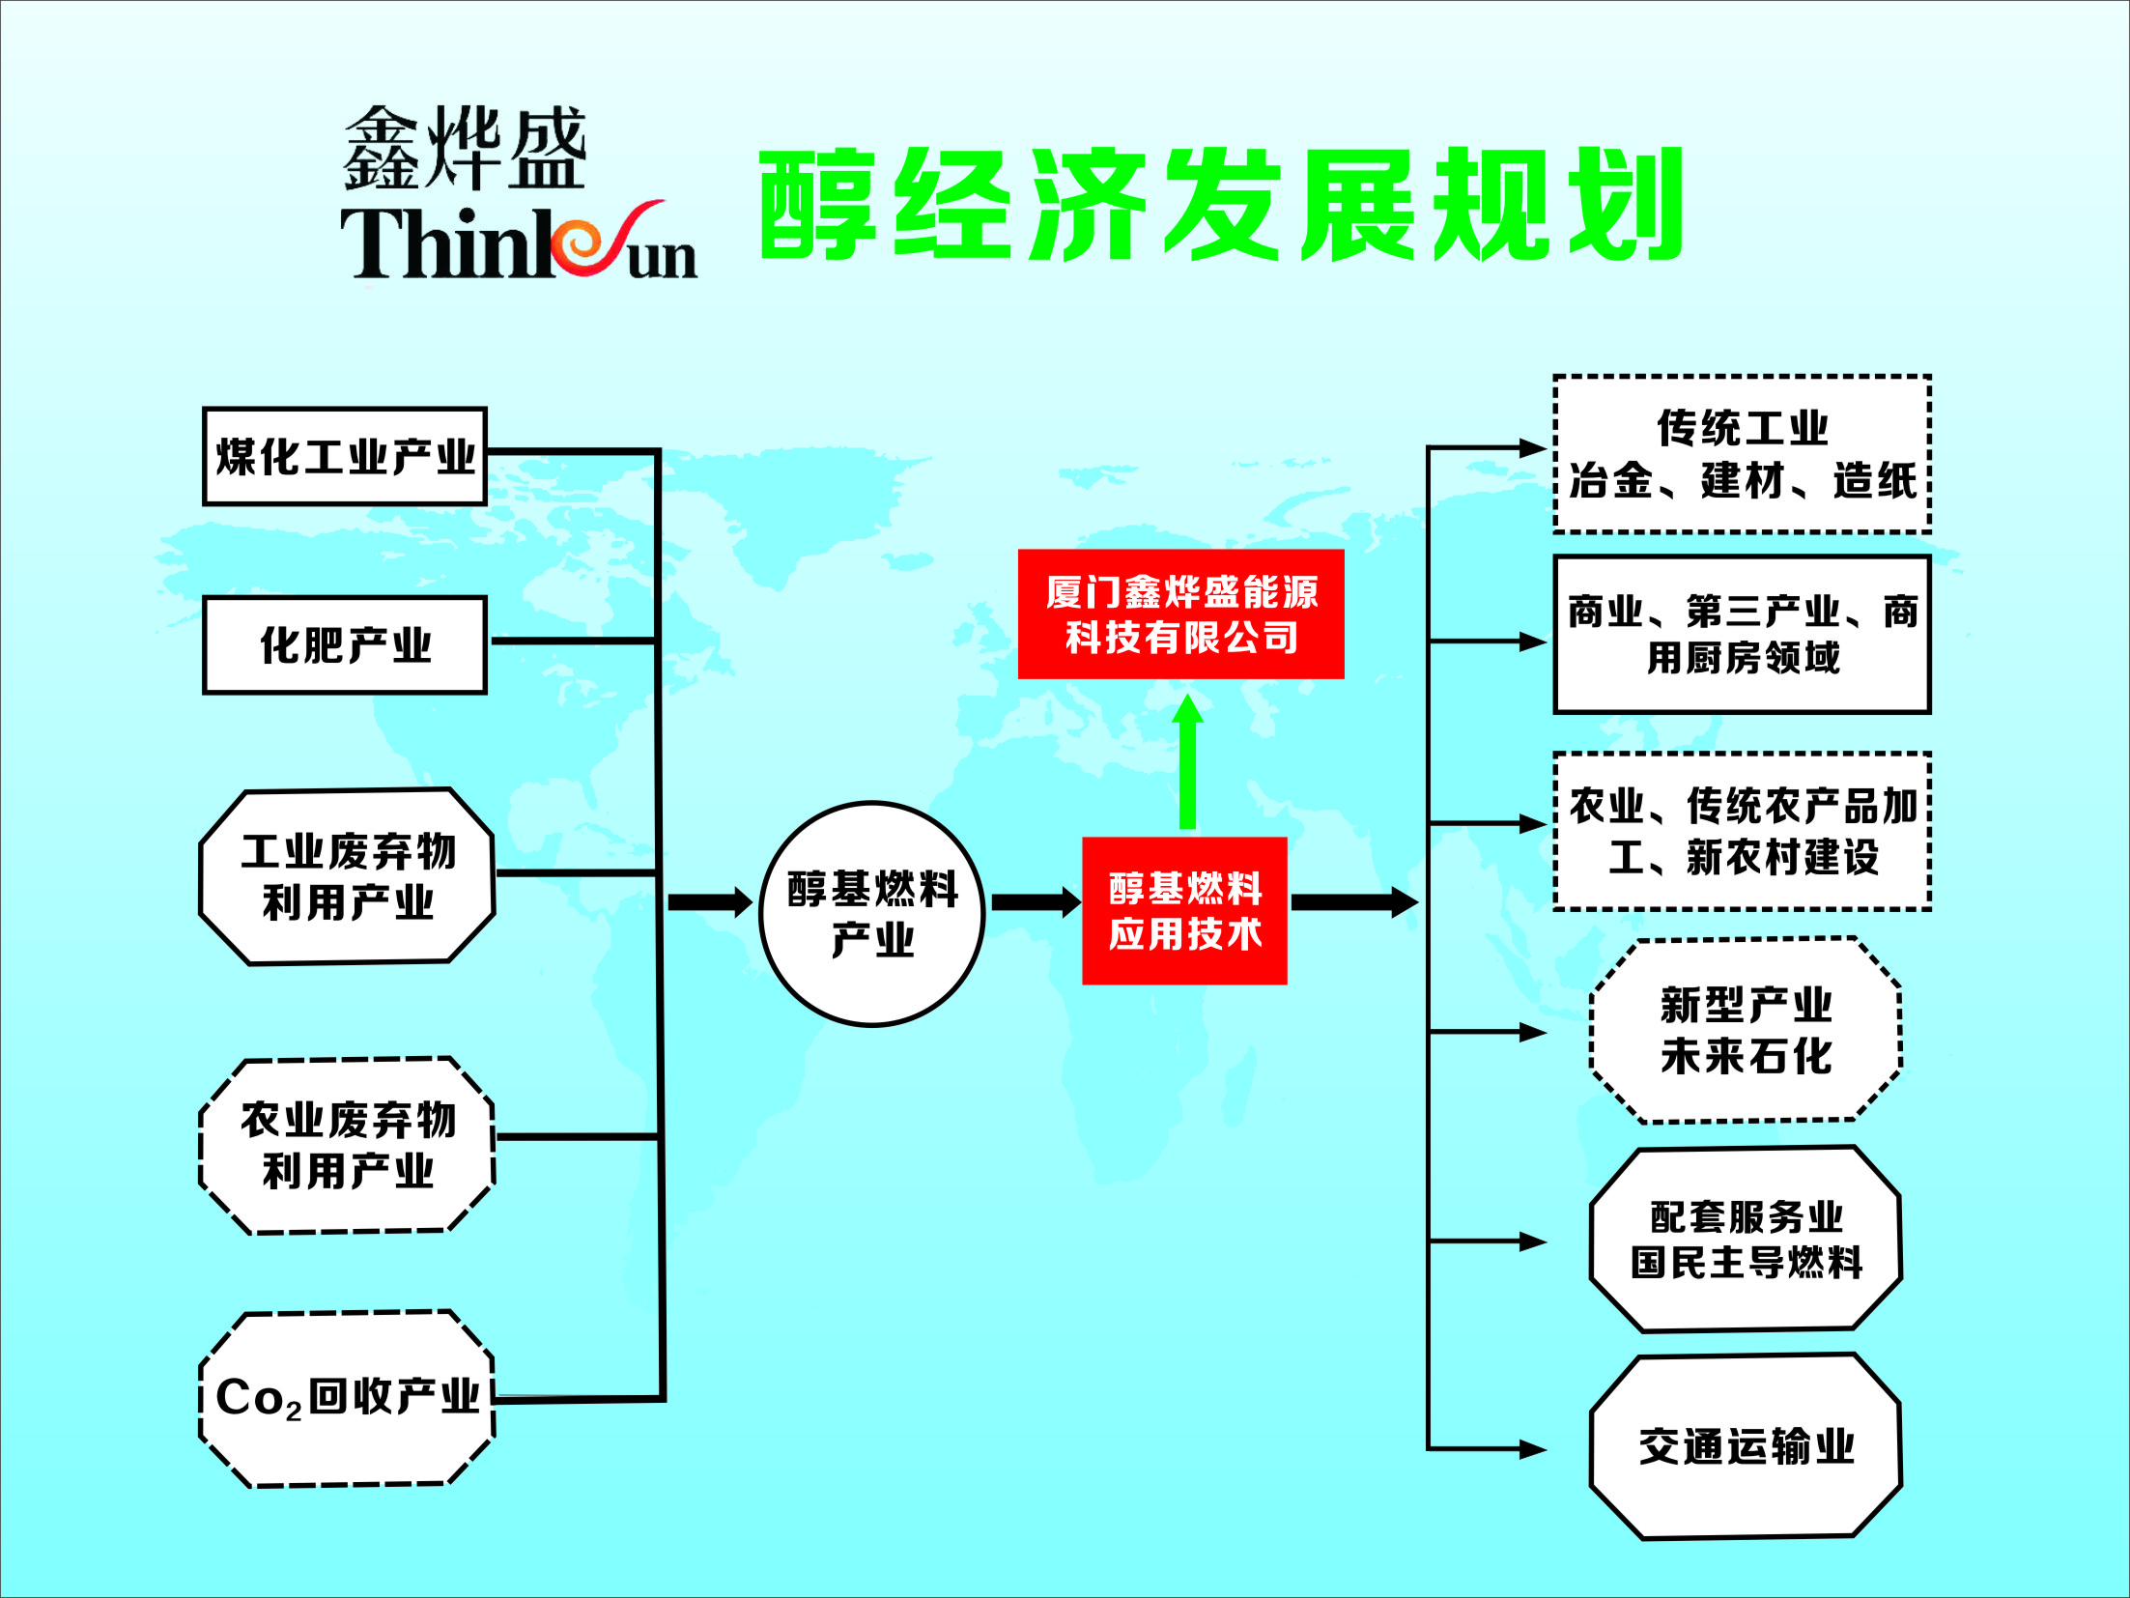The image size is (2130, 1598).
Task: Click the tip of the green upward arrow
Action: tap(1187, 695)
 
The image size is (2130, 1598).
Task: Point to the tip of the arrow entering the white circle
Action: tap(753, 902)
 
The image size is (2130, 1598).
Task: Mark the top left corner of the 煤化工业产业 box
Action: tap(204, 409)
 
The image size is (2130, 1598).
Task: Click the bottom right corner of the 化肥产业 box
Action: tap(486, 693)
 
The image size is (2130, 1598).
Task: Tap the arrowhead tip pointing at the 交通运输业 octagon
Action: tap(1548, 1449)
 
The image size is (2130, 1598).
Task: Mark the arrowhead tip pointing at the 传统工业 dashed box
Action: tap(1548, 447)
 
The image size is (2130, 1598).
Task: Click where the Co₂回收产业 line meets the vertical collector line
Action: tap(662, 1397)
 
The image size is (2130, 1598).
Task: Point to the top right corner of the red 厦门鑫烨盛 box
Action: tap(1344, 550)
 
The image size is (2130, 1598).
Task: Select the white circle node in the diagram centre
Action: tap(872, 913)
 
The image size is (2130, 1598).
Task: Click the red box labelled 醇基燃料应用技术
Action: tap(1184, 911)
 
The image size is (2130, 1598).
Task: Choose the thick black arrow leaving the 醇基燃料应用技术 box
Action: tap(1354, 902)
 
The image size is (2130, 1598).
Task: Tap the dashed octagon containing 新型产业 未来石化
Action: tap(1746, 1030)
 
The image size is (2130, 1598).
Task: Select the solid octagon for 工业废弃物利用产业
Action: tap(348, 876)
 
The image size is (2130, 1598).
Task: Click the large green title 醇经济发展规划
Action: tap(1221, 205)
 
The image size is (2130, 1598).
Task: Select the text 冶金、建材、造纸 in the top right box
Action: tap(1743, 481)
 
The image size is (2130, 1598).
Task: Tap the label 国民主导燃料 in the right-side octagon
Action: tap(1747, 1263)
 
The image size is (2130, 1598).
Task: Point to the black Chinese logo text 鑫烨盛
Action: tap(465, 148)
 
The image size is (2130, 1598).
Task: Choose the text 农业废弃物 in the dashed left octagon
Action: tap(348, 1120)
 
